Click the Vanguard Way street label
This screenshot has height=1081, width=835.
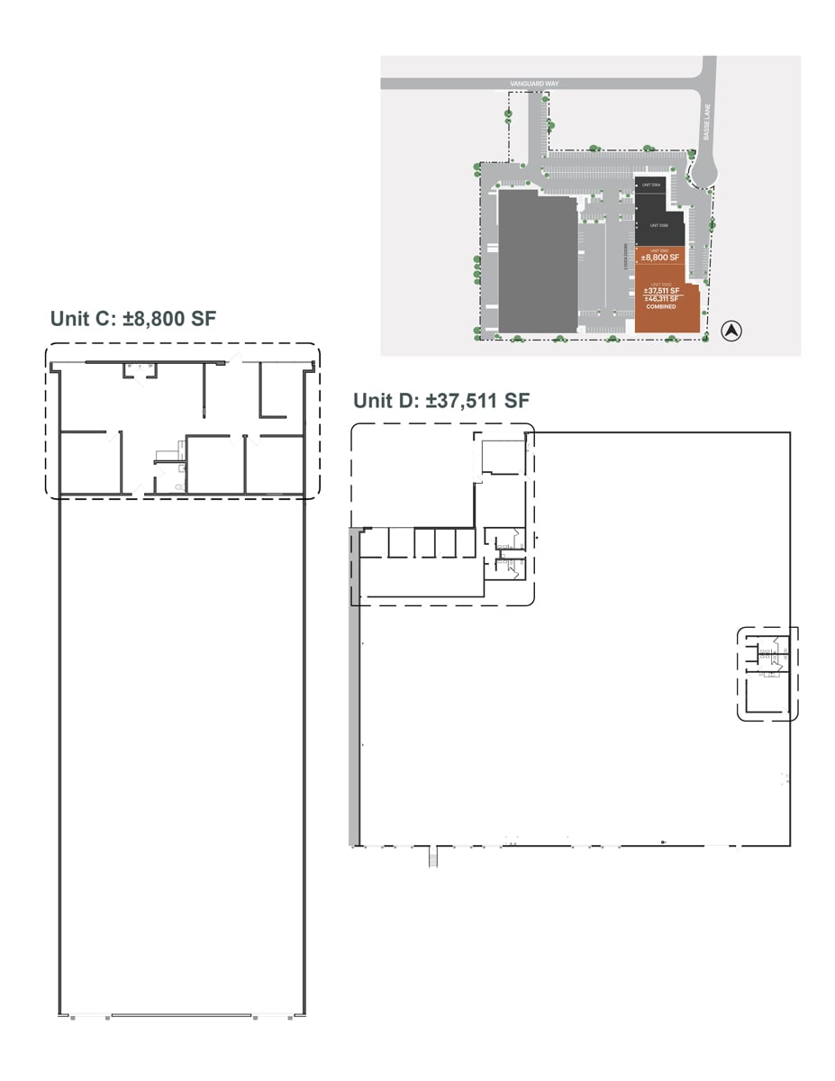(534, 83)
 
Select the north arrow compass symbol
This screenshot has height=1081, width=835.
(732, 332)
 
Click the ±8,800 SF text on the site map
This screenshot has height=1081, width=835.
(659, 257)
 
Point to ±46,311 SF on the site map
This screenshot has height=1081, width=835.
(660, 298)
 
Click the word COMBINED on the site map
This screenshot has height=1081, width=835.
(660, 307)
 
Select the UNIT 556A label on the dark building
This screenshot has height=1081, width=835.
(651, 185)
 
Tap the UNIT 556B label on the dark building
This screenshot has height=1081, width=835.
(658, 224)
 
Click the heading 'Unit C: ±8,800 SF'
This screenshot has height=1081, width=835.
(133, 318)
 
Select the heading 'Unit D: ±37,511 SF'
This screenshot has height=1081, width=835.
(440, 401)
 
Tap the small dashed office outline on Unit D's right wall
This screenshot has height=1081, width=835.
(767, 673)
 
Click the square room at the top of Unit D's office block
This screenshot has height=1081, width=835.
(502, 457)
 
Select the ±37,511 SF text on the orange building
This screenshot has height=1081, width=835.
(660, 289)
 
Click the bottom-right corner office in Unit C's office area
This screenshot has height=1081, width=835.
(275, 465)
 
